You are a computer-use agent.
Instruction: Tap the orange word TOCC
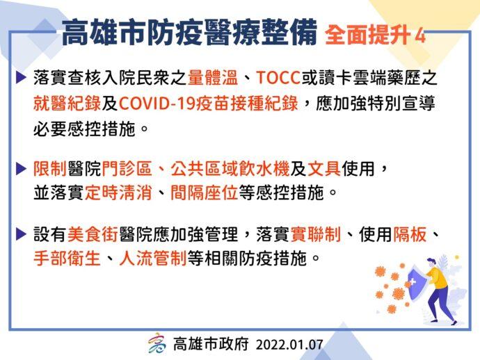(x=278, y=78)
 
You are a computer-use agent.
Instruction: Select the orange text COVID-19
(x=157, y=104)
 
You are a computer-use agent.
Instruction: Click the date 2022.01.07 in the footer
(x=289, y=345)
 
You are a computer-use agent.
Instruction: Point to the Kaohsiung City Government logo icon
(x=157, y=343)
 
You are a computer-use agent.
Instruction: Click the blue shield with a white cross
(x=417, y=284)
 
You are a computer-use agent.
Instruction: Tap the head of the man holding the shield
(x=431, y=263)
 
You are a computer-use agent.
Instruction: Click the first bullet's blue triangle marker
(x=21, y=78)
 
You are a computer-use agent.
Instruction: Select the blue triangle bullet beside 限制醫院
(x=21, y=169)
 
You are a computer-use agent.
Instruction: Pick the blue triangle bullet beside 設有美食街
(x=21, y=235)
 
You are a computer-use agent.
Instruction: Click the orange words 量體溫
(x=213, y=78)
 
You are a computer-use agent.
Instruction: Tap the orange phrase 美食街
(x=93, y=235)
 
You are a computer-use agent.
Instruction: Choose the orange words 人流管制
(x=153, y=259)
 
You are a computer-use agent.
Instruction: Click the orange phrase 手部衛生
(x=67, y=259)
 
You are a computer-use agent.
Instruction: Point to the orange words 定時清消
(x=118, y=193)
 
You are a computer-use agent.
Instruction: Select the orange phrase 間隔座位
(x=205, y=193)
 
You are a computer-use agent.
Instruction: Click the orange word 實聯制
(x=316, y=235)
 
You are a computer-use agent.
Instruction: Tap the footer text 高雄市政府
(x=211, y=344)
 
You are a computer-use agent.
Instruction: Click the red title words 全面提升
(x=368, y=35)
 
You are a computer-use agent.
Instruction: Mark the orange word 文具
(x=324, y=169)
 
